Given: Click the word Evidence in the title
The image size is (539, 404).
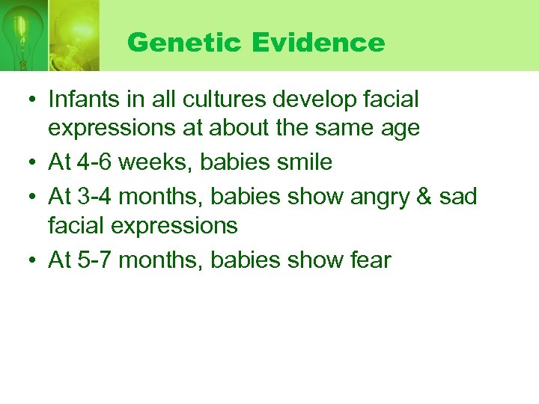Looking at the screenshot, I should (318, 43).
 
